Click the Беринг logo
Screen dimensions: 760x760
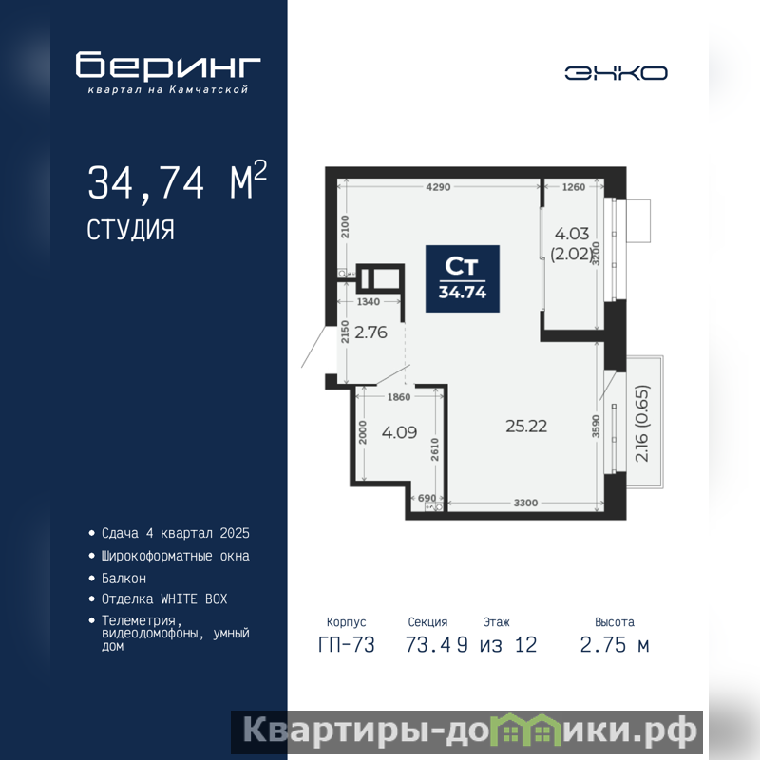(168, 72)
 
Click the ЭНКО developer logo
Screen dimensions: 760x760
(616, 73)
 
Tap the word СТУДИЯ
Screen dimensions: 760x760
(130, 230)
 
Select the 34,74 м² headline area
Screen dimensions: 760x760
(177, 180)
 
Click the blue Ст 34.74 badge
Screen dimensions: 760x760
(463, 278)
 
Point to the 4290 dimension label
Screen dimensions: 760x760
(438, 187)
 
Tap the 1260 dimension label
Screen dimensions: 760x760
(574, 187)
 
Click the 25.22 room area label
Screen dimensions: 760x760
(526, 426)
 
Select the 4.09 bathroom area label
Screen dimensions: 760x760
(399, 432)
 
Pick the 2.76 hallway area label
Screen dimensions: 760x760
(370, 332)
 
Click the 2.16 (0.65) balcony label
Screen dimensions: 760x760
(641, 423)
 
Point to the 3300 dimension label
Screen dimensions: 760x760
(526, 503)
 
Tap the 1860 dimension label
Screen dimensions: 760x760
(399, 397)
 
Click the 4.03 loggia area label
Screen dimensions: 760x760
(572, 234)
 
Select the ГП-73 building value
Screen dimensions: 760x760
(347, 645)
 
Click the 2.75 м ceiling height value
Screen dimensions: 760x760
(615, 645)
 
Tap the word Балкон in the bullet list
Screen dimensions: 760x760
(123, 579)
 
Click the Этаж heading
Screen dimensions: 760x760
(497, 622)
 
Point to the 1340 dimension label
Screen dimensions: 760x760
(369, 302)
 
